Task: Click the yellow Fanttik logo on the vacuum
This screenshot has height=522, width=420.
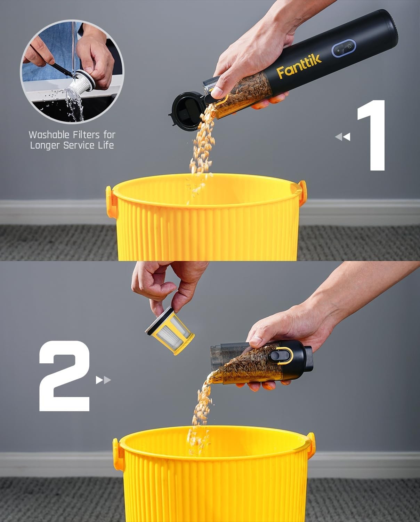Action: [x=299, y=66]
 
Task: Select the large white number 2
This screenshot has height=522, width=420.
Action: [x=65, y=376]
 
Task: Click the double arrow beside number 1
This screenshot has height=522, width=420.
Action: [x=342, y=137]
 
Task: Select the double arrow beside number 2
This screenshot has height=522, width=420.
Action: [x=103, y=380]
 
